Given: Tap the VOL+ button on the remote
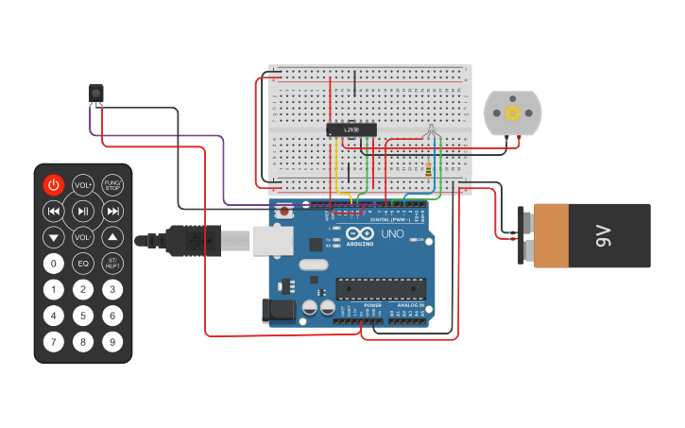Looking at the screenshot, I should click(83, 185).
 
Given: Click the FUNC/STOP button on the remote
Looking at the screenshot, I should click(112, 185).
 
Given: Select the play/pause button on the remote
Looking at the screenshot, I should click(83, 211).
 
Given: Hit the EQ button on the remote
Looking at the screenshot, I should click(83, 264).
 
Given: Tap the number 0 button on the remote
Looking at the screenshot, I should click(54, 264).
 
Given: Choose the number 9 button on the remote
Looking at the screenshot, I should click(112, 342).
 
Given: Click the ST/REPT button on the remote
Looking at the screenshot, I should click(112, 264).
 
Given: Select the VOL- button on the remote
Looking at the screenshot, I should click(83, 237).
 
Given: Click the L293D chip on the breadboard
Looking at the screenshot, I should click(351, 129).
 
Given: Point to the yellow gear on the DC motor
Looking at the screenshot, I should click(513, 113).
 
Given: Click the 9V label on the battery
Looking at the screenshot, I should click(603, 236).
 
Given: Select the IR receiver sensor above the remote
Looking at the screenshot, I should click(95, 93).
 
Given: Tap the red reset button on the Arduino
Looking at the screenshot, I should click(284, 213).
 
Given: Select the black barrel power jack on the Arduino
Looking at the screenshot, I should click(277, 310).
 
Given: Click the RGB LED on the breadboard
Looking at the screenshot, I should click(430, 131).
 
